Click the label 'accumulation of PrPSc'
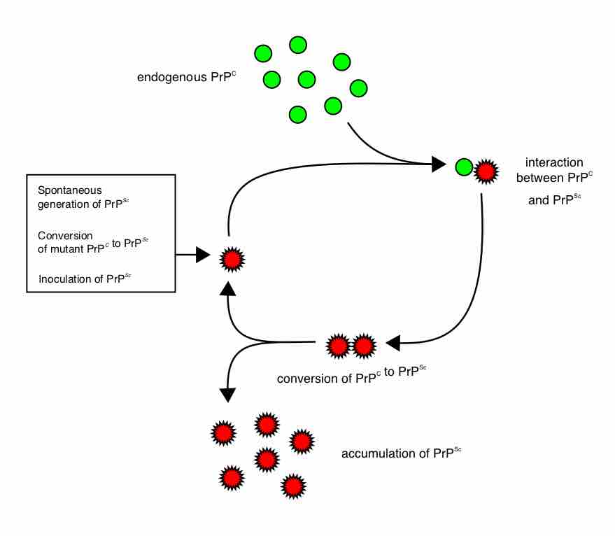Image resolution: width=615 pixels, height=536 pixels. pyautogui.click(x=401, y=453)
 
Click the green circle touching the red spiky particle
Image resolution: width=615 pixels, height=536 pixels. pyautogui.click(x=463, y=167)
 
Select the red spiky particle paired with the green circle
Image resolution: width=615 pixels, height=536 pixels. pyautogui.click(x=486, y=168)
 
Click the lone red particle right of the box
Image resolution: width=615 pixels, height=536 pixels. pyautogui.click(x=232, y=259)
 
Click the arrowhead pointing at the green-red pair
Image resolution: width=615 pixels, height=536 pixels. pyautogui.click(x=439, y=164)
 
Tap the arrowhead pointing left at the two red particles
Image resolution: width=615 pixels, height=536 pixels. pyautogui.click(x=393, y=342)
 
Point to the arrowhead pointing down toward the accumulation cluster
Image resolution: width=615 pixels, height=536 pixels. pyautogui.click(x=227, y=395)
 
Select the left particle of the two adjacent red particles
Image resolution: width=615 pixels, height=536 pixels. pyautogui.click(x=338, y=346)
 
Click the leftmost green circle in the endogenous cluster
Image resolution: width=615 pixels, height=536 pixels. pyautogui.click(x=262, y=53)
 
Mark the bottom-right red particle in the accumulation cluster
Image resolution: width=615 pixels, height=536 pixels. pyautogui.click(x=292, y=485)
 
